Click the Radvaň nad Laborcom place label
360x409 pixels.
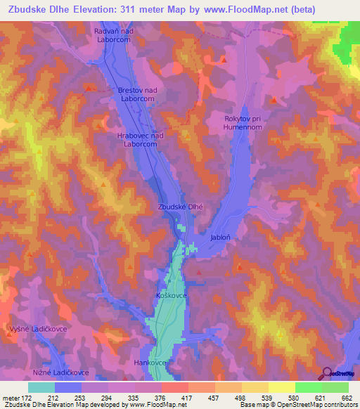click(113, 37)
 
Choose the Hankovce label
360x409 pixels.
click(149, 363)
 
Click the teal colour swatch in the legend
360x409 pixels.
click(41, 387)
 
